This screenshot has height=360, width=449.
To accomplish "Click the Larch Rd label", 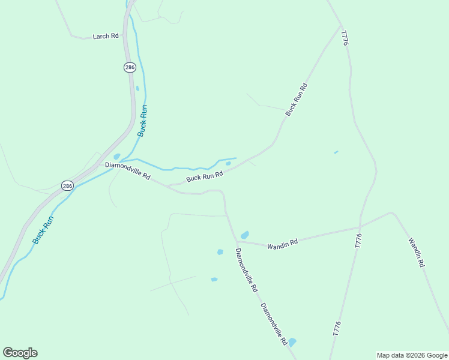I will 106,37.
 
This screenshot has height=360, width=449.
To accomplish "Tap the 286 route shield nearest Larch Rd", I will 130,67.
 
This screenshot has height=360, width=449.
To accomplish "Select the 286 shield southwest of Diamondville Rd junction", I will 67,186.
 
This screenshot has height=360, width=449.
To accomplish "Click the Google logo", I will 20,353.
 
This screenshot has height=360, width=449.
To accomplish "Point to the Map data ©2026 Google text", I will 412,355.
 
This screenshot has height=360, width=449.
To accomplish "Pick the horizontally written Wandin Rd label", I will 283,245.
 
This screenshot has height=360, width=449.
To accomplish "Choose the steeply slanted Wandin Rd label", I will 417,253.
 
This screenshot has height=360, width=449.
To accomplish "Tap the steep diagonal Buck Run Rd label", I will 297,100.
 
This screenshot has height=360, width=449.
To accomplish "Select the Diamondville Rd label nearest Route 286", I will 127,172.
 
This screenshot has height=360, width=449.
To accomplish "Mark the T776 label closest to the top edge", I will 344,38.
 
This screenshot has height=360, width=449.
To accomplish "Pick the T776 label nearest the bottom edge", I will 336,329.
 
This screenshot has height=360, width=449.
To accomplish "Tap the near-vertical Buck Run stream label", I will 142,121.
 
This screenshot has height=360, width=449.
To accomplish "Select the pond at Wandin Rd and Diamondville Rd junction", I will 244,235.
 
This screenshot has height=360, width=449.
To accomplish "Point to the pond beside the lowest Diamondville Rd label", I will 292,342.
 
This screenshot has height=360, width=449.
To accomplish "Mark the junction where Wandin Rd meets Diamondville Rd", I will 237,242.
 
